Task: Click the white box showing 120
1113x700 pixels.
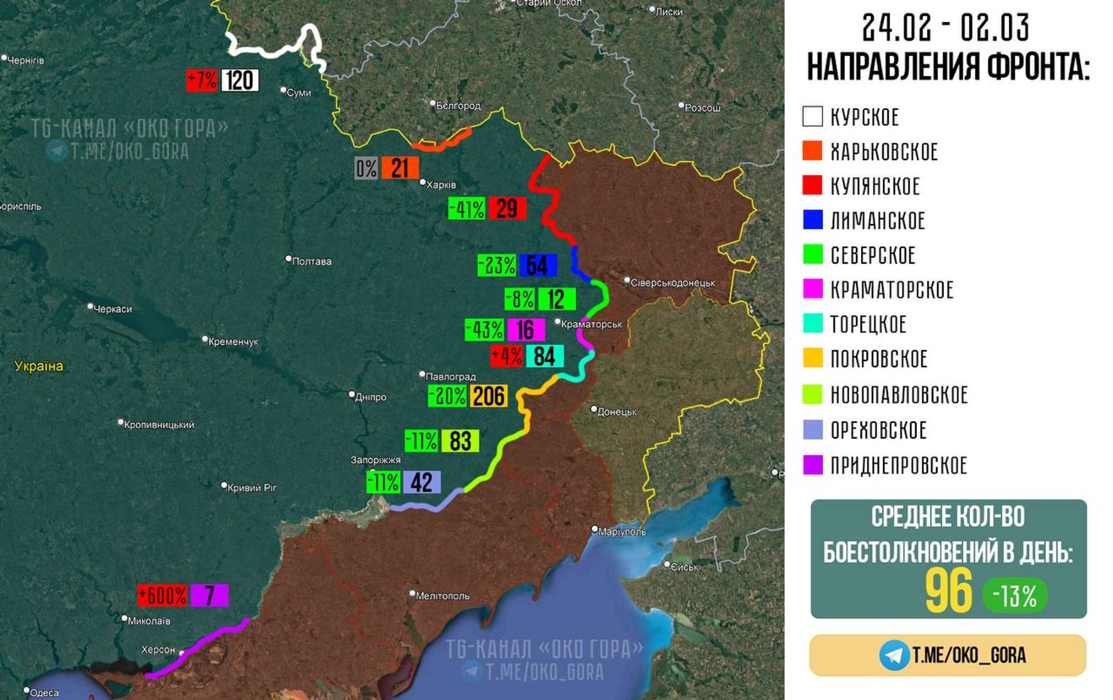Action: [240, 80]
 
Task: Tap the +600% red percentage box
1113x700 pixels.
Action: [163, 595]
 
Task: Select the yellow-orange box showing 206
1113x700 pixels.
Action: [488, 396]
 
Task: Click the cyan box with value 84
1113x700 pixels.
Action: [544, 356]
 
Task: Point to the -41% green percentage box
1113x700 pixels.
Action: [467, 209]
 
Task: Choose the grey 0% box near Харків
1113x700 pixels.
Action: [366, 168]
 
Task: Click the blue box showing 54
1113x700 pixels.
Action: [537, 265]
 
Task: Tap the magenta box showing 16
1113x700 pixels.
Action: [526, 330]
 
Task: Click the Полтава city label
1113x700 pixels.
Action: [311, 261]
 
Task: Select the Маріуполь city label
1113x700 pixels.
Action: [621, 532]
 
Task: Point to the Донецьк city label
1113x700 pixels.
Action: [616, 411]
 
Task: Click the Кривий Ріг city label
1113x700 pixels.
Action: [251, 487]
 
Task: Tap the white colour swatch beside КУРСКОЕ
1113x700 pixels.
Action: [812, 116]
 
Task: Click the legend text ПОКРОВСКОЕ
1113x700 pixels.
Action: [878, 359]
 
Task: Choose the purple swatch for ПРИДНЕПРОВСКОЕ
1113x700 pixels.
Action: [813, 465]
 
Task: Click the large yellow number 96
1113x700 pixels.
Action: [948, 591]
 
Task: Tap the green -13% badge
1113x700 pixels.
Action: [1015, 596]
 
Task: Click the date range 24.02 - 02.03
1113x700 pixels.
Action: [946, 28]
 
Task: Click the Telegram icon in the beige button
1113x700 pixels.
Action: [894, 655]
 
